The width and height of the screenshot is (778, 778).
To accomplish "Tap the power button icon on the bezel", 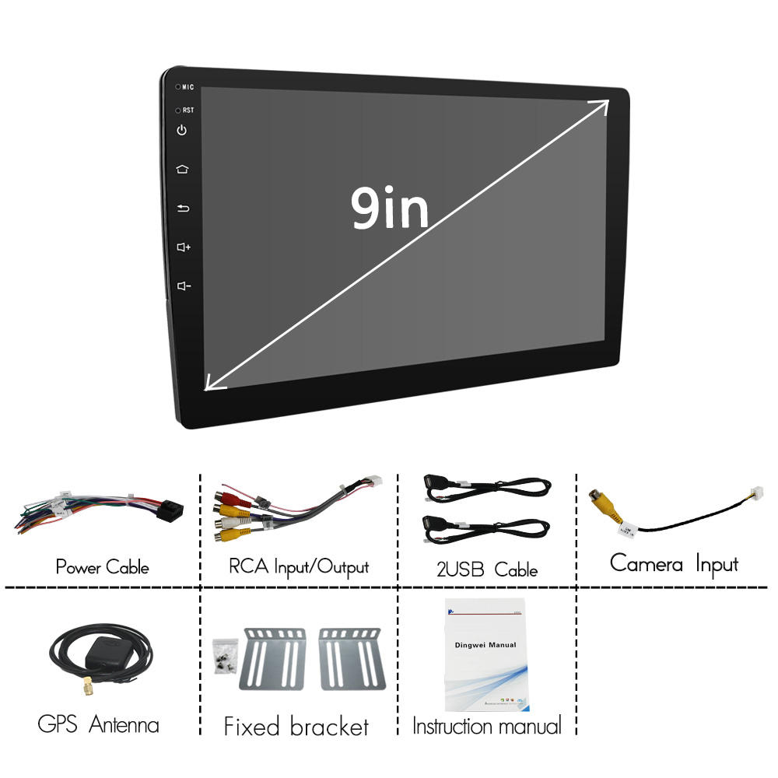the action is [182, 130].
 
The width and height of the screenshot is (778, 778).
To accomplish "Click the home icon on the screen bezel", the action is [182, 169].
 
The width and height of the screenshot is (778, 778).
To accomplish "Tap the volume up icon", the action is [184, 247].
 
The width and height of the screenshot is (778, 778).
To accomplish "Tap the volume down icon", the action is [184, 286].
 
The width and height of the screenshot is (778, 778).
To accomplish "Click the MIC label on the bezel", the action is [187, 87].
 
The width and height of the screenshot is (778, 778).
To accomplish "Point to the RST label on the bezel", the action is [188, 110].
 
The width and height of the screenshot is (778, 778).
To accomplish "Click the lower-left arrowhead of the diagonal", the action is [212, 383].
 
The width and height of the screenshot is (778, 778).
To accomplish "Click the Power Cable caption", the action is [102, 566].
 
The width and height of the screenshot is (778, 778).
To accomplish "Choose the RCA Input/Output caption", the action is [299, 566].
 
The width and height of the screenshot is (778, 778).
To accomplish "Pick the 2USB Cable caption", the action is [486, 569].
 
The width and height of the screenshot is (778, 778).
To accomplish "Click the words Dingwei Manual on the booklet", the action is [485, 645].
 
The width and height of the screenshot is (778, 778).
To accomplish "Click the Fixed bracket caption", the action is [296, 727].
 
